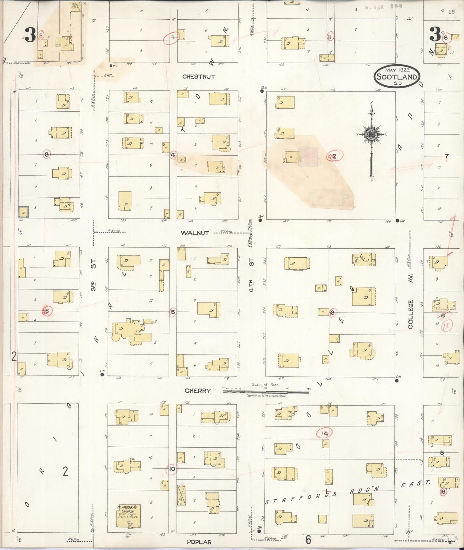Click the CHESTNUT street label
(198, 77)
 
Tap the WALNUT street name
(195, 233)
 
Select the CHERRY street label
(198, 391)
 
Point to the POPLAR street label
(199, 542)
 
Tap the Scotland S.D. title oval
(397, 76)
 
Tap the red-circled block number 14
(324, 434)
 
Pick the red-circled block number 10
(172, 469)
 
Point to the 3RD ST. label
(93, 284)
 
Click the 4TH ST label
(252, 275)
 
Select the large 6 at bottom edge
(308, 540)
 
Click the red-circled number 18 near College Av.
(446, 326)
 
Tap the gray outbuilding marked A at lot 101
(23, 212)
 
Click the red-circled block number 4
(173, 155)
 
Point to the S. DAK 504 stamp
(384, 6)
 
